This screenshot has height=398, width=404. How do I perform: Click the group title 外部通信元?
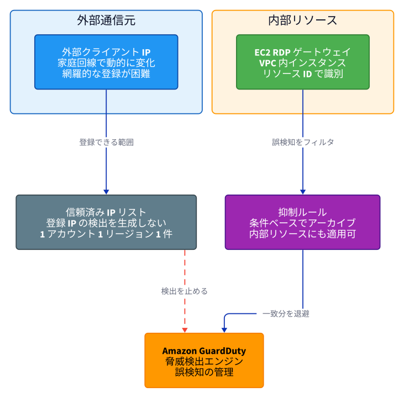[x=106, y=20]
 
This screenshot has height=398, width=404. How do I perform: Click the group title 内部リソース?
[x=303, y=20]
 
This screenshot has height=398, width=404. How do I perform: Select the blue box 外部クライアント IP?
[x=106, y=62]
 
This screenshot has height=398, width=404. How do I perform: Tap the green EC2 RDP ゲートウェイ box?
[x=303, y=62]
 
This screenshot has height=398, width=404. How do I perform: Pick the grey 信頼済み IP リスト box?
[x=106, y=222]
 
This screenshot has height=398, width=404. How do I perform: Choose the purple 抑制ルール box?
[x=303, y=222]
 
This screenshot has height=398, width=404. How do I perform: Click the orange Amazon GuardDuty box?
[x=204, y=360]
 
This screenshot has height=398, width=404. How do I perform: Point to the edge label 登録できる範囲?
[x=106, y=142]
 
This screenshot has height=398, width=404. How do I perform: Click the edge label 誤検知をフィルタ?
[x=303, y=142]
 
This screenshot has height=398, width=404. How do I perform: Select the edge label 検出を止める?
[x=185, y=291]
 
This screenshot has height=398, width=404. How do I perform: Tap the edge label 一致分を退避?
[x=286, y=314]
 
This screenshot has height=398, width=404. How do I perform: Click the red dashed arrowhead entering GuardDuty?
[x=185, y=331]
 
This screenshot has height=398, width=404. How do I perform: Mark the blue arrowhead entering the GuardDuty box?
[x=224, y=331]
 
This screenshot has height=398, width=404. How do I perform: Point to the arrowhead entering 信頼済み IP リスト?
[x=106, y=192]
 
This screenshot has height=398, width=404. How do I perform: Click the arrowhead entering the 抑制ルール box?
[x=303, y=192]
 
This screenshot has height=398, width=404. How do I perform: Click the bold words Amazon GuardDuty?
[x=204, y=351]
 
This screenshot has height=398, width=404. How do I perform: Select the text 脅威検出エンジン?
[x=204, y=362]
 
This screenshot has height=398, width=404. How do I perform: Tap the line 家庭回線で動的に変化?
[x=106, y=63]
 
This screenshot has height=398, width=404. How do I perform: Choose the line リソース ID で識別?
[x=303, y=74]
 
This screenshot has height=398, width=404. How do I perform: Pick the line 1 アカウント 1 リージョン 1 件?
[x=106, y=234]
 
